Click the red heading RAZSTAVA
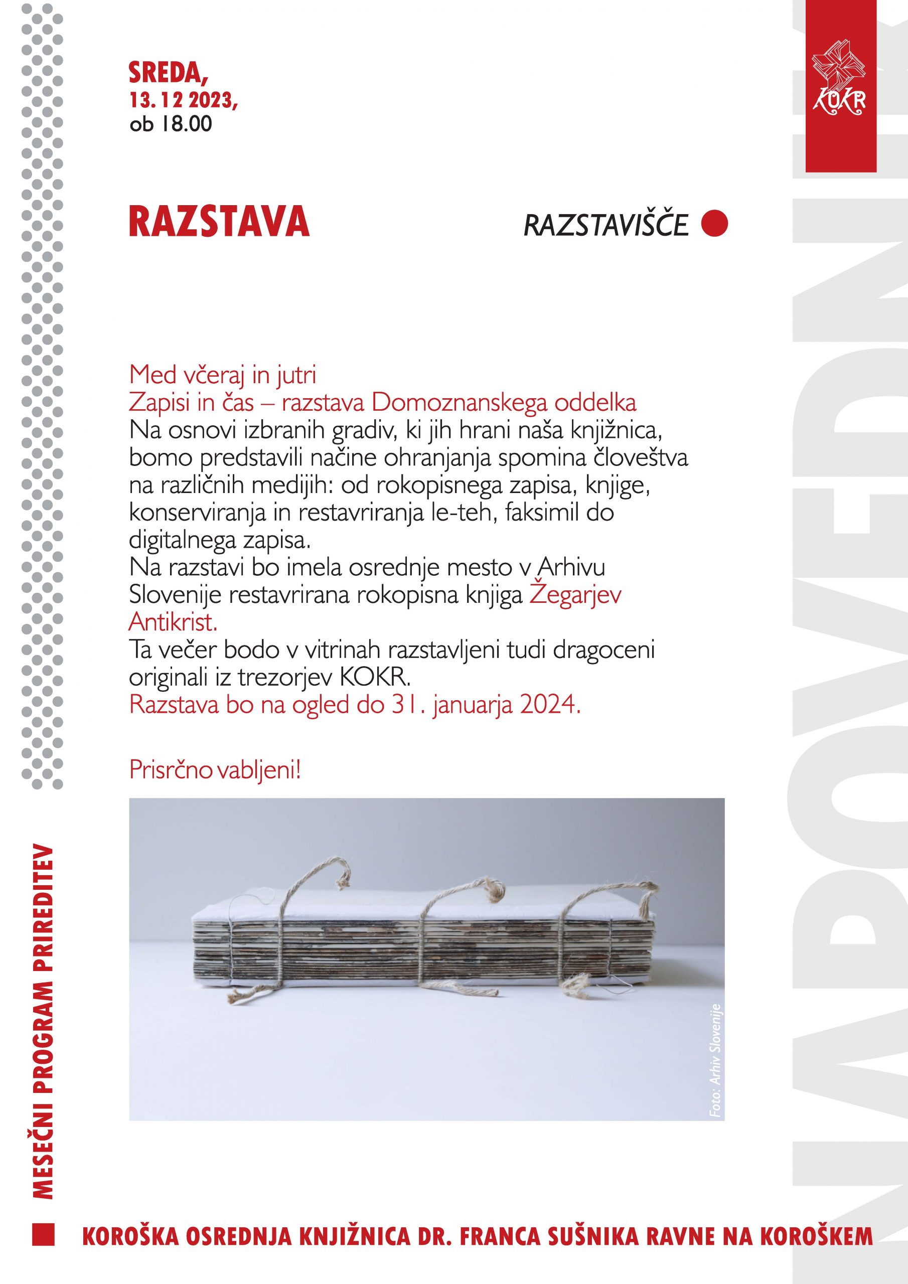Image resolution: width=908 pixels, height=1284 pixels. pyautogui.click(x=219, y=222)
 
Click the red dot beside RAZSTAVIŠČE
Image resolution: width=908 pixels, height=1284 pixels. pyautogui.click(x=714, y=224)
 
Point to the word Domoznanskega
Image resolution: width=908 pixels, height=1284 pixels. pyautogui.click(x=483, y=403)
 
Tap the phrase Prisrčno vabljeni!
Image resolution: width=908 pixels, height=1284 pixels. pyautogui.click(x=215, y=770)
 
